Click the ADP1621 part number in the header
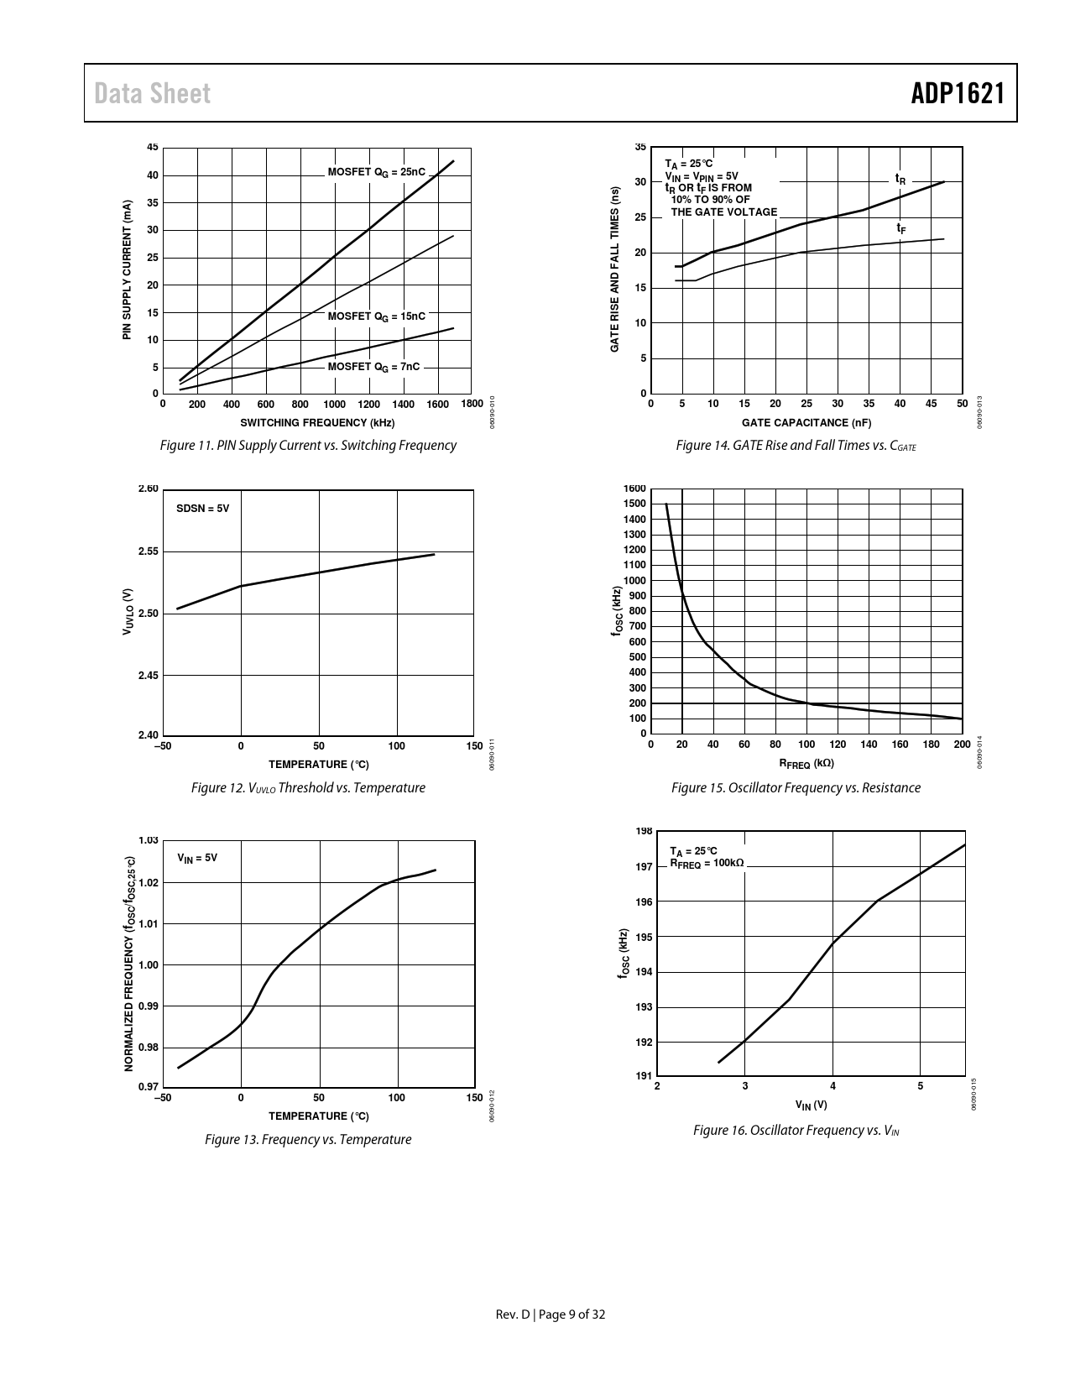(x=958, y=93)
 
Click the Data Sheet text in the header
(x=153, y=93)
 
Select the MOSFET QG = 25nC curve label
(x=377, y=172)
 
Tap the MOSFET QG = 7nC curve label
(x=373, y=367)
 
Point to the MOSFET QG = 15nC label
(x=377, y=316)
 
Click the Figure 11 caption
(x=308, y=446)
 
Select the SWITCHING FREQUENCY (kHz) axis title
(x=317, y=423)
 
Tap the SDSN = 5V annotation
(x=202, y=509)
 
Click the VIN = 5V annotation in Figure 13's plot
(x=197, y=858)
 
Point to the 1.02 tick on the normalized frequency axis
(x=148, y=883)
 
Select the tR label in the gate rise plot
(x=900, y=179)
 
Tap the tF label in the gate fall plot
(x=900, y=227)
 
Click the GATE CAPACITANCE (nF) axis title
(x=806, y=423)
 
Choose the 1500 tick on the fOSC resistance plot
(x=634, y=504)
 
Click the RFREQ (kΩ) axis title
(x=806, y=764)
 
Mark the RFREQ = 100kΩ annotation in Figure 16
(x=707, y=863)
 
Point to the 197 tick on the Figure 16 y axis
(x=644, y=866)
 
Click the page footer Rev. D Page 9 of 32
(x=551, y=1314)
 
